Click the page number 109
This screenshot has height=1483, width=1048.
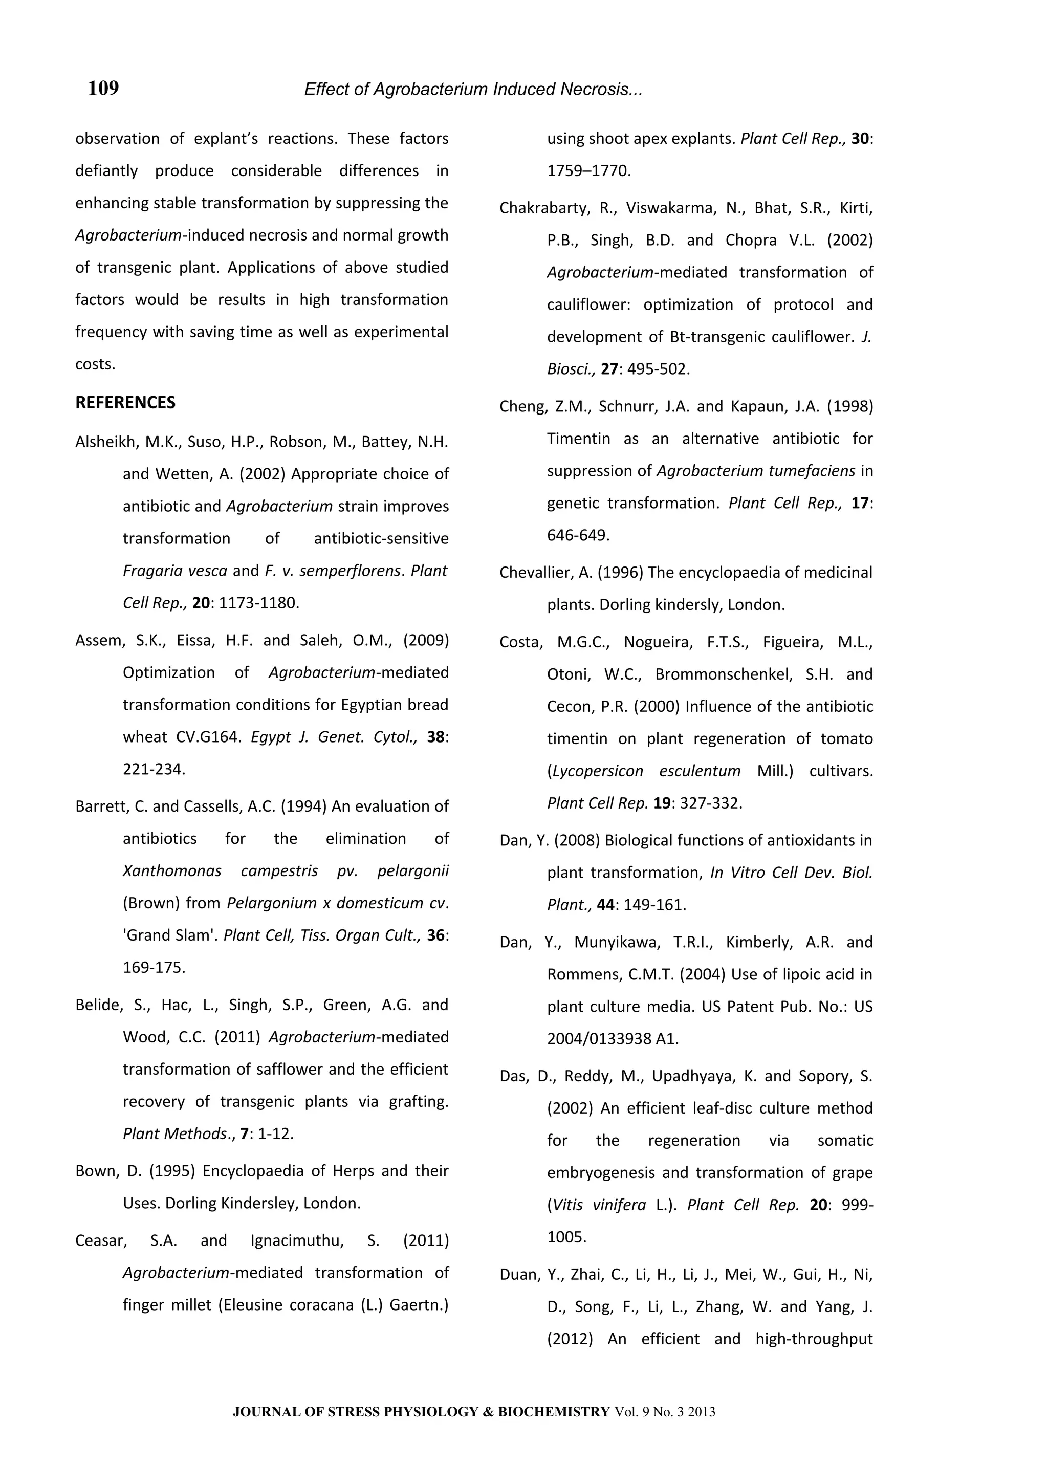tap(103, 88)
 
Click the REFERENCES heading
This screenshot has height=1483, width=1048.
tap(125, 402)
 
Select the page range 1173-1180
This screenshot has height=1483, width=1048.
tap(259, 603)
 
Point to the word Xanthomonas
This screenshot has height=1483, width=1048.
tap(172, 870)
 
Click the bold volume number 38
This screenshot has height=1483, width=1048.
tap(436, 737)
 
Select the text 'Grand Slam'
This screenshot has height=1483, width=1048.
tap(170, 935)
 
